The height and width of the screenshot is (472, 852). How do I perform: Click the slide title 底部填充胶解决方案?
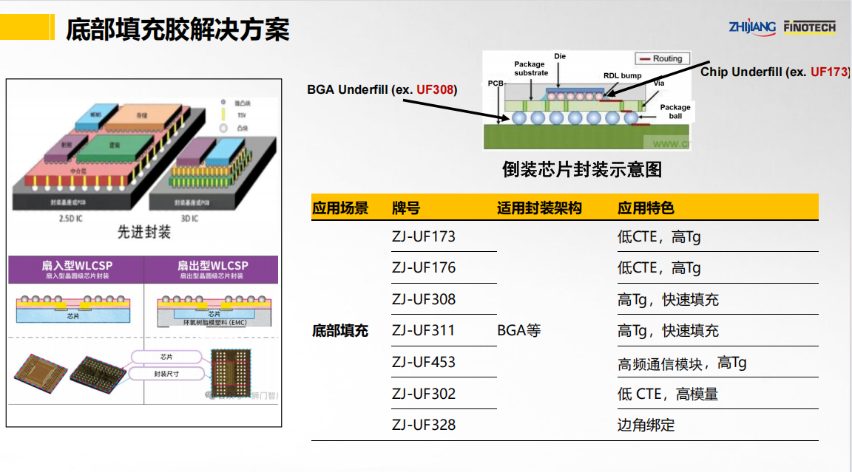pyautogui.click(x=177, y=30)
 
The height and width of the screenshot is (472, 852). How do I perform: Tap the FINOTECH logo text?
pyautogui.click(x=809, y=27)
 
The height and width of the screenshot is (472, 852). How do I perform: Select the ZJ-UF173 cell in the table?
pyautogui.click(x=423, y=237)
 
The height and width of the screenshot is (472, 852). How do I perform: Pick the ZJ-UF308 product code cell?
pyautogui.click(x=423, y=299)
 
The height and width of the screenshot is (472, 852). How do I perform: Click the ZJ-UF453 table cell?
pyautogui.click(x=423, y=362)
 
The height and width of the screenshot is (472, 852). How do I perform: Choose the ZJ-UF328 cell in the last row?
pyautogui.click(x=423, y=425)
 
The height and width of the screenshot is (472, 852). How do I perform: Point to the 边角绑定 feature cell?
pyautogui.click(x=646, y=425)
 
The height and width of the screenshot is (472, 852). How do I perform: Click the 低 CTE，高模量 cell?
pyautogui.click(x=667, y=394)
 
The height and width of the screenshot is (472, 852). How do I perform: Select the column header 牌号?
pyautogui.click(x=406, y=208)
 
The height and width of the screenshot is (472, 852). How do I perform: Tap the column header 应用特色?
pyautogui.click(x=646, y=208)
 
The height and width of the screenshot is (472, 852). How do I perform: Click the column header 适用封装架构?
pyautogui.click(x=539, y=208)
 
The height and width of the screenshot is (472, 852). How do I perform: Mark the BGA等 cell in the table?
pyautogui.click(x=518, y=330)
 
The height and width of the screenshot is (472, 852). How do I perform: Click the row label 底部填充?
pyautogui.click(x=339, y=330)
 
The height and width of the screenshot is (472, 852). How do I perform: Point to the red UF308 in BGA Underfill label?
pyautogui.click(x=435, y=90)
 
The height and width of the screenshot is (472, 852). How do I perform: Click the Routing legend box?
pyautogui.click(x=662, y=58)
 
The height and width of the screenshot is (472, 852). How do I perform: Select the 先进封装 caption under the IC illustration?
pyautogui.click(x=144, y=232)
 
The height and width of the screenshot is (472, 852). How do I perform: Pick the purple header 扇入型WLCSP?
pyautogui.click(x=77, y=266)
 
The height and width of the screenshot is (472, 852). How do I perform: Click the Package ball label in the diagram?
pyautogui.click(x=674, y=112)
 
